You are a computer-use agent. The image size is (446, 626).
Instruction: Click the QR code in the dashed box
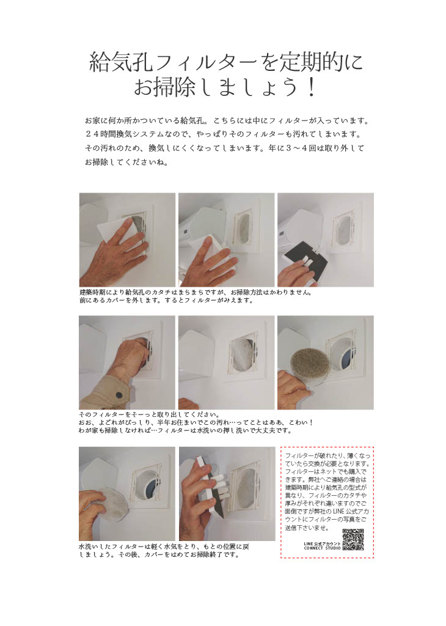[x=353, y=540]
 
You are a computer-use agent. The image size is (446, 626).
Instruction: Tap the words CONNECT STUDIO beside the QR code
[x=323, y=548]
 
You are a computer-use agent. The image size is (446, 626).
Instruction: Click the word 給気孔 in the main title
[x=121, y=62]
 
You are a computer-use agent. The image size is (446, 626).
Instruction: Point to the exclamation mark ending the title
[x=312, y=87]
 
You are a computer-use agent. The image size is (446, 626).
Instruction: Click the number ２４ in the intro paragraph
[x=92, y=134]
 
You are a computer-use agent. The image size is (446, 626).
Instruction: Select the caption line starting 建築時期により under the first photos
[x=196, y=292]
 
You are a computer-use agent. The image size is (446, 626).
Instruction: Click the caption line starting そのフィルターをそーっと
[x=149, y=414]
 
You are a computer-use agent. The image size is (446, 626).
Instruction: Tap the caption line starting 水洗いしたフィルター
[x=164, y=547]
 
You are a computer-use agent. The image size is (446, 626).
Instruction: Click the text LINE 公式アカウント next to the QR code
[x=323, y=543]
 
